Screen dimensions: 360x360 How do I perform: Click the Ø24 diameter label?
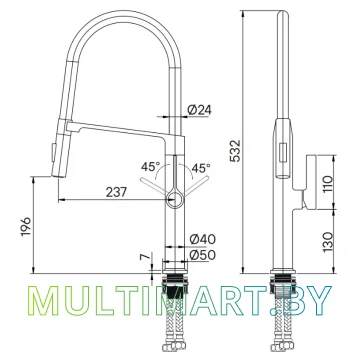pyautogui.click(x=199, y=110)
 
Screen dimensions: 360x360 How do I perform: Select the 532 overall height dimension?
pyautogui.click(x=235, y=151)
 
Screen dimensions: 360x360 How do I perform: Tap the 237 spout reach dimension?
pyautogui.click(x=116, y=192)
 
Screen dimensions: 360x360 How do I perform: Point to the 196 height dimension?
pyautogui.click(x=26, y=226)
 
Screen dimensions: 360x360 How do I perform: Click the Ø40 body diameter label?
pyautogui.click(x=203, y=239)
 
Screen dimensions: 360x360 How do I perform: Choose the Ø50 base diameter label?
pyautogui.click(x=203, y=255)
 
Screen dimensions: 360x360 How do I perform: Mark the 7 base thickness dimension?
pyautogui.click(x=144, y=257)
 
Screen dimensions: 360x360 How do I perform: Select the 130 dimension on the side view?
pyautogui.click(x=328, y=242)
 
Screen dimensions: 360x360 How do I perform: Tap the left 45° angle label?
pyautogui.click(x=150, y=166)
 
